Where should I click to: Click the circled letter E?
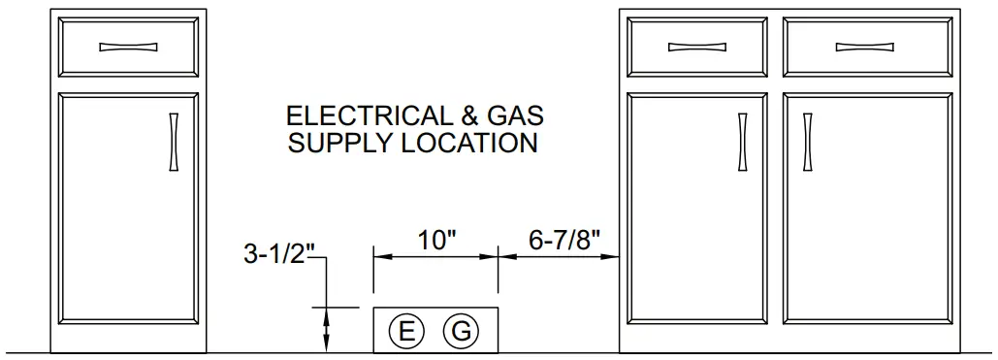406,331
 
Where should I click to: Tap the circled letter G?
461,331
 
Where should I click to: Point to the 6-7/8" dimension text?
563,240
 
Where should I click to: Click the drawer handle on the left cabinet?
129,46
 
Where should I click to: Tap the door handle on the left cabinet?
174,143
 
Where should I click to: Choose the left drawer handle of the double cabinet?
696,46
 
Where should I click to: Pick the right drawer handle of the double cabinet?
863,46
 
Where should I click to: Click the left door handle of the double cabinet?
742,143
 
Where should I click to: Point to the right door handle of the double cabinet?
807,143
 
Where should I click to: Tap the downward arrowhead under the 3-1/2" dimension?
327,343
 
